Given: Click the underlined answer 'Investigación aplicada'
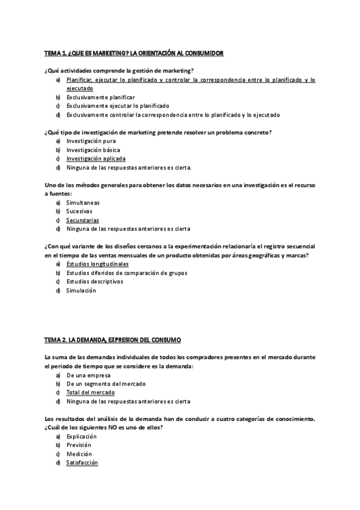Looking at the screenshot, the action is [96, 159].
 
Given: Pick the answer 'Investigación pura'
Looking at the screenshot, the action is [91, 141].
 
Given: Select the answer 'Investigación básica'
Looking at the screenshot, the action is [93, 150].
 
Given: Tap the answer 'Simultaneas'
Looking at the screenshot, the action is [82, 203].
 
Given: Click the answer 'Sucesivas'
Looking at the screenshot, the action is [79, 212].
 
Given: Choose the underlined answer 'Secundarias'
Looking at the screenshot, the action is [82, 220].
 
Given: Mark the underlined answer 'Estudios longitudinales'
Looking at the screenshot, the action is [97, 264].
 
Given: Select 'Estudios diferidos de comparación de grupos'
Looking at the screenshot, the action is [126, 273].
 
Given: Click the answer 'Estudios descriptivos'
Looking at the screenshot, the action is [94, 281].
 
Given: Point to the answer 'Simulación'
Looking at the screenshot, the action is [81, 290].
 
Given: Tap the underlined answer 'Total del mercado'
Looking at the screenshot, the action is [90, 392].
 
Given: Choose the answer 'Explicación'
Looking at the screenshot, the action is [82, 436].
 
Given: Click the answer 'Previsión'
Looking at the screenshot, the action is [80, 445].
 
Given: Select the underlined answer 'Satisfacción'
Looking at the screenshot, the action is [82, 462].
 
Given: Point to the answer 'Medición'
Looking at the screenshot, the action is [79, 454].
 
